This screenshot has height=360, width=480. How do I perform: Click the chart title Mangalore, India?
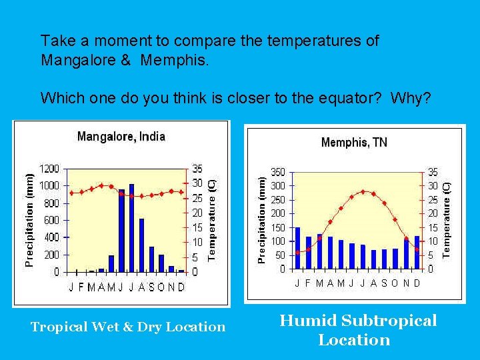click(121, 137)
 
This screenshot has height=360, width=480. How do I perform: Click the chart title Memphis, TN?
click(354, 142)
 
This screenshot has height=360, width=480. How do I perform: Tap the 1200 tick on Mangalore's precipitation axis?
click(49, 169)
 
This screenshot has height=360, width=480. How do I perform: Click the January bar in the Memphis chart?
click(297, 248)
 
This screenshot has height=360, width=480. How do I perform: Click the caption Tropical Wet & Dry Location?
click(128, 327)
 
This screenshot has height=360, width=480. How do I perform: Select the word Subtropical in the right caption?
click(389, 321)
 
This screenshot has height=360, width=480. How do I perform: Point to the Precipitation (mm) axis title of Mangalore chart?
click(29, 217)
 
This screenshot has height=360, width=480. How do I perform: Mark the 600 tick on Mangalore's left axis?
click(51, 220)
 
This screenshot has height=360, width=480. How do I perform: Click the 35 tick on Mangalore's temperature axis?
click(197, 169)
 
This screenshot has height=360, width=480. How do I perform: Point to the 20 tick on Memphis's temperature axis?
click(433, 213)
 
